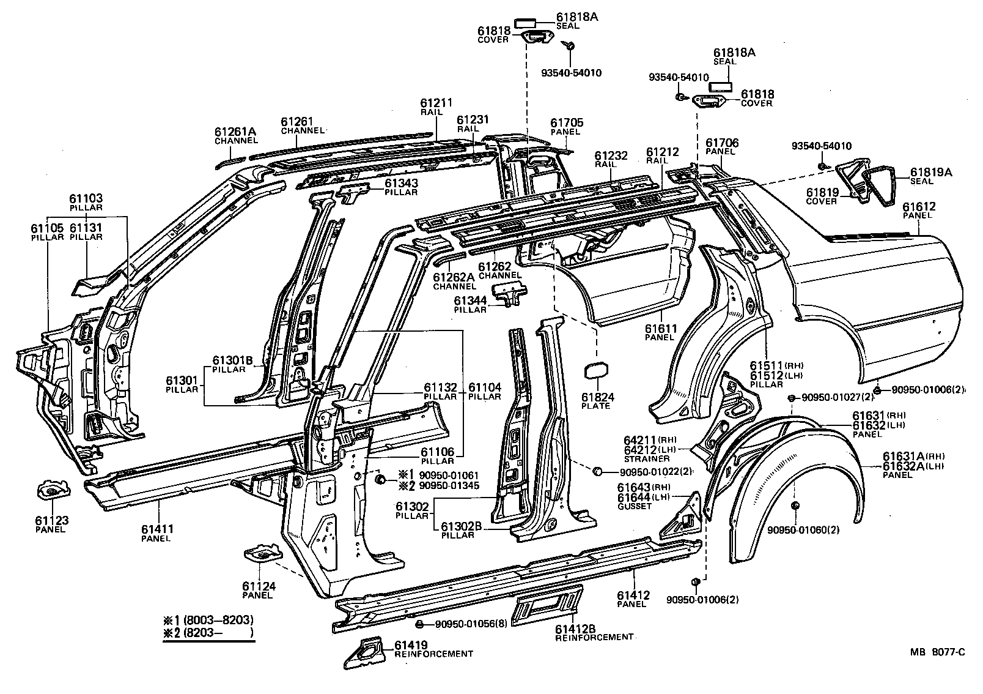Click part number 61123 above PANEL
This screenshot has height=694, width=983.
coord(51,521)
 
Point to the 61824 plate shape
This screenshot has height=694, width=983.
coord(597,373)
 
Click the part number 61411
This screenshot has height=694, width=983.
coord(158,529)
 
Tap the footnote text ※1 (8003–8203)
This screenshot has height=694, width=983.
coord(208,619)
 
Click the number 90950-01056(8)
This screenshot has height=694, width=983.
coord(471,624)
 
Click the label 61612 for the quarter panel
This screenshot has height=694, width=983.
coord(919,207)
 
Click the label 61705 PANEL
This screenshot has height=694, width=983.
coord(567,123)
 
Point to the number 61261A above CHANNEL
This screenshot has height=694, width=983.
coord(234,132)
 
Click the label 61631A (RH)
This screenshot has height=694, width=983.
coord(902,456)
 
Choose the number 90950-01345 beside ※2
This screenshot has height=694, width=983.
coord(449,486)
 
